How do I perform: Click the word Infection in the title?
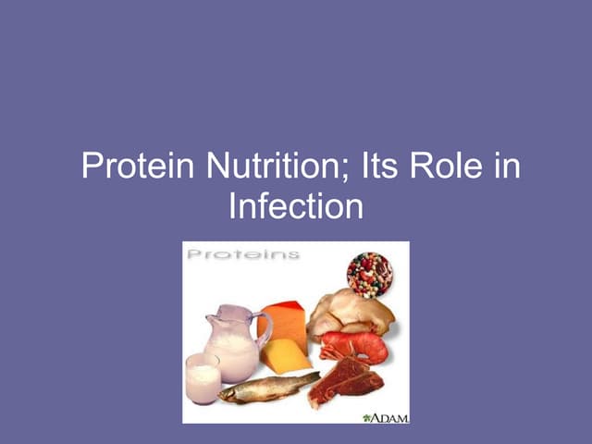(x=296, y=205)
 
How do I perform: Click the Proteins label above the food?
(x=241, y=253)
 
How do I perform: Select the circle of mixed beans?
(x=370, y=274)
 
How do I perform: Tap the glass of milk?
(x=203, y=378)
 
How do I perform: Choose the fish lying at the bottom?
(x=268, y=387)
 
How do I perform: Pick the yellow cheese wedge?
(x=283, y=356)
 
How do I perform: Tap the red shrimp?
(x=356, y=346)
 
